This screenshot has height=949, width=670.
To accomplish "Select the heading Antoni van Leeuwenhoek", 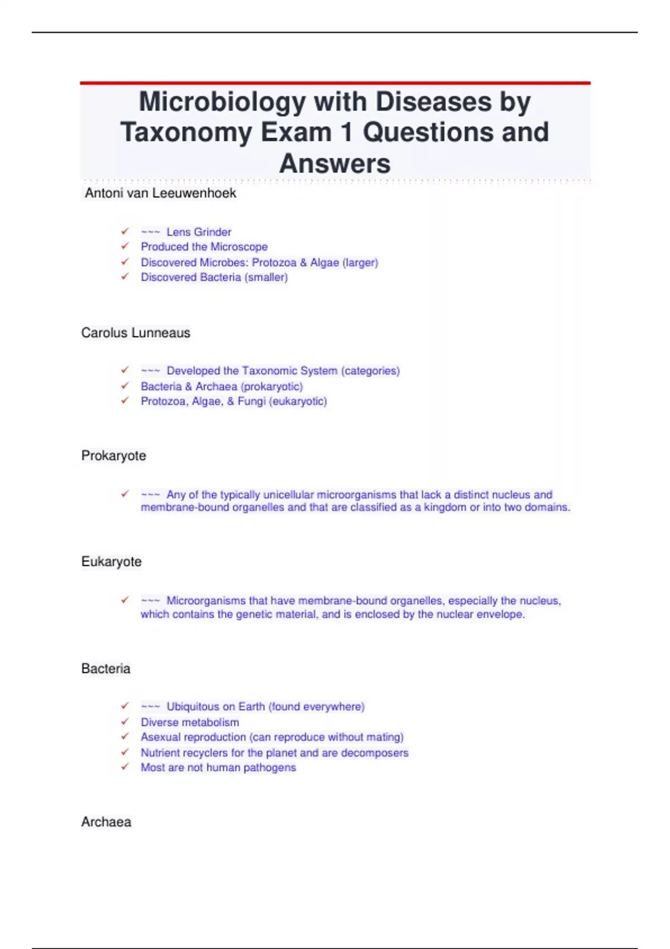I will pyautogui.click(x=160, y=193).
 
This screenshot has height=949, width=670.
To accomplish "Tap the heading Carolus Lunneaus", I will pyautogui.click(x=136, y=333).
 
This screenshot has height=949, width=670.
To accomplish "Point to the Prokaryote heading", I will pyautogui.click(x=113, y=456).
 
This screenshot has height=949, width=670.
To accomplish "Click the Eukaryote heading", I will pyautogui.click(x=111, y=562).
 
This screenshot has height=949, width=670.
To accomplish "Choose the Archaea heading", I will pyautogui.click(x=106, y=822).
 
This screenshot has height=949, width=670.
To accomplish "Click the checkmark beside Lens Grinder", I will pyautogui.click(x=125, y=231).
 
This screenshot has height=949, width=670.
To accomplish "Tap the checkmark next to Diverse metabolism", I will pyautogui.click(x=125, y=721).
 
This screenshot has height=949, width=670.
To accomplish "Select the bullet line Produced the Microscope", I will pyautogui.click(x=204, y=247).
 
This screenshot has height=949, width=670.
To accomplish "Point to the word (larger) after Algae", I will pyautogui.click(x=360, y=262).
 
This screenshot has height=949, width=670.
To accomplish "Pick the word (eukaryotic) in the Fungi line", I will pyautogui.click(x=298, y=401).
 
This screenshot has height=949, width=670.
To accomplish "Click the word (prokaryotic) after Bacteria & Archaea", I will pyautogui.click(x=272, y=386).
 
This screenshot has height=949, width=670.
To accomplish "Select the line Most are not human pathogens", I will pyautogui.click(x=218, y=768).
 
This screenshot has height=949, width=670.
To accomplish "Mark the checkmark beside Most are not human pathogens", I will pyautogui.click(x=125, y=767).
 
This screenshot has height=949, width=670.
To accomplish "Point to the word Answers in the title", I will pyautogui.click(x=334, y=164).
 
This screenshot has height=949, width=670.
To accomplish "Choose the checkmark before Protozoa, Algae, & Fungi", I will pyautogui.click(x=125, y=400).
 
